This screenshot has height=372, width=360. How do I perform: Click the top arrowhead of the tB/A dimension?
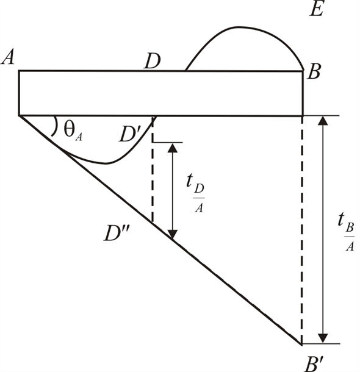click(x=324, y=120)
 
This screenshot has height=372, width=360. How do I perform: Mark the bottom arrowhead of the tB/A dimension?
click(x=324, y=339)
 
